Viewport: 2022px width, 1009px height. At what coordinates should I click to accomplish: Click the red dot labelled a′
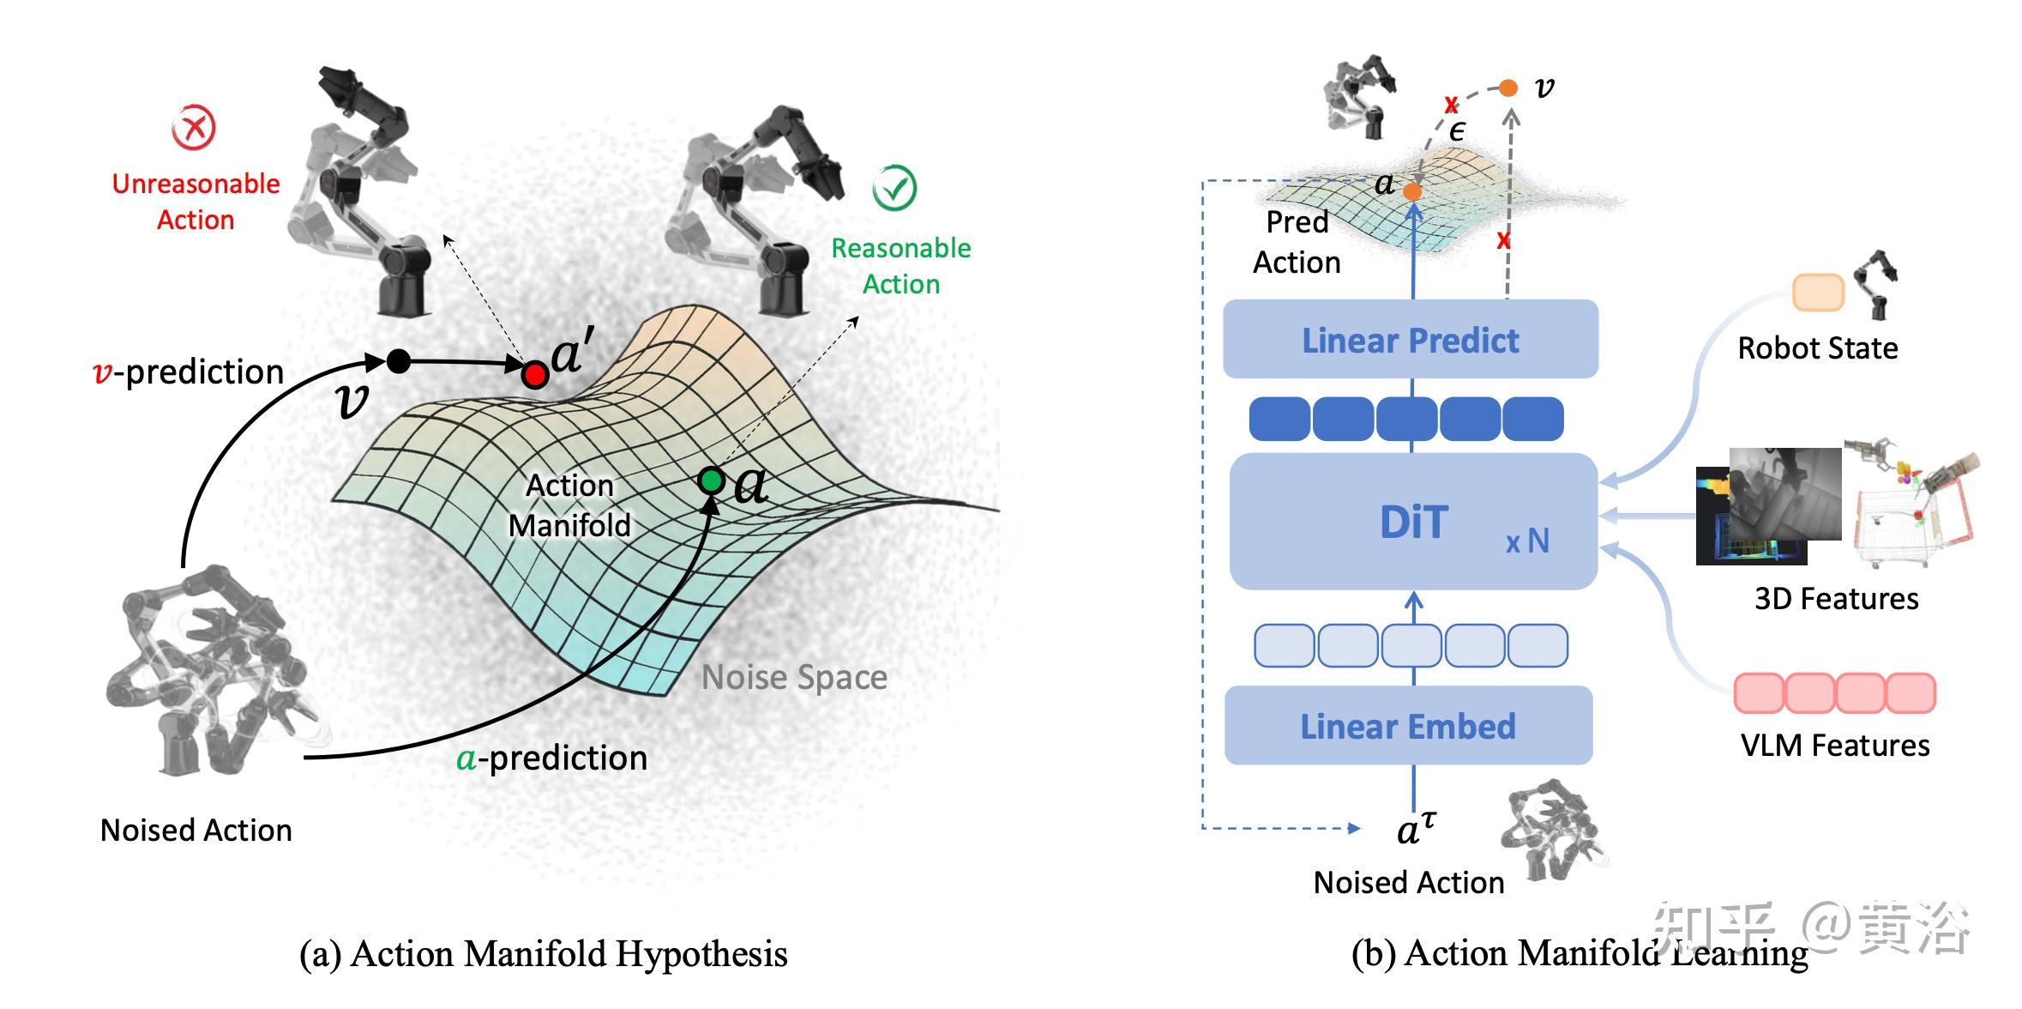(x=535, y=374)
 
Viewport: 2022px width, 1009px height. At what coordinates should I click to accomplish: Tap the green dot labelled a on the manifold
(x=711, y=480)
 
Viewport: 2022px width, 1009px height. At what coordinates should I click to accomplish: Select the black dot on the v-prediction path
(x=399, y=361)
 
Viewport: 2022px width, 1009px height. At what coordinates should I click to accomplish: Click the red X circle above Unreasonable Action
(x=194, y=128)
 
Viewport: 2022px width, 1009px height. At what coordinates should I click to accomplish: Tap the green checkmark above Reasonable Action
(x=894, y=188)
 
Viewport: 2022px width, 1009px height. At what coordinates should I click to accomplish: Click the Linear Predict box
(x=1411, y=339)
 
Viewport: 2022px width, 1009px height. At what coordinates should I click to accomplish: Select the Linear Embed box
(x=1408, y=726)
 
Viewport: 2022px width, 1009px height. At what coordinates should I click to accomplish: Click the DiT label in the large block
(x=1414, y=522)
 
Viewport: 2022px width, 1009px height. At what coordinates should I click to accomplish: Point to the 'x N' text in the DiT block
(x=1527, y=541)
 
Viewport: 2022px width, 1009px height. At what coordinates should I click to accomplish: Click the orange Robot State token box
(x=1818, y=293)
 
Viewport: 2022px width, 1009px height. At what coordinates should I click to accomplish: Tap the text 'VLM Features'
(x=1835, y=745)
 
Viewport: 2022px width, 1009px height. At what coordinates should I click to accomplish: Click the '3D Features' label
(x=1836, y=598)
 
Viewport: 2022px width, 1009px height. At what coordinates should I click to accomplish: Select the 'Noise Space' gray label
(x=794, y=677)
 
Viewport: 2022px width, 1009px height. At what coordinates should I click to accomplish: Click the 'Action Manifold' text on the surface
(x=569, y=505)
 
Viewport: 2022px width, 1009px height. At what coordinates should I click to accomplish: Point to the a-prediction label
(x=551, y=758)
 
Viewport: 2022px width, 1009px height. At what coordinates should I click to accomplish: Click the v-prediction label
(x=188, y=372)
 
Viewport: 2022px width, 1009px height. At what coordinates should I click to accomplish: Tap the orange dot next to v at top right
(x=1508, y=88)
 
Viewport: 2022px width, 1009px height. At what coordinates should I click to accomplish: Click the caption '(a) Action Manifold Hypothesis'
(x=543, y=953)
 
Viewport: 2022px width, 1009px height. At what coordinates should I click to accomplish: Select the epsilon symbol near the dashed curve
(x=1457, y=131)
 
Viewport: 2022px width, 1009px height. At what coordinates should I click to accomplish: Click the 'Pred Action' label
(x=1297, y=242)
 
